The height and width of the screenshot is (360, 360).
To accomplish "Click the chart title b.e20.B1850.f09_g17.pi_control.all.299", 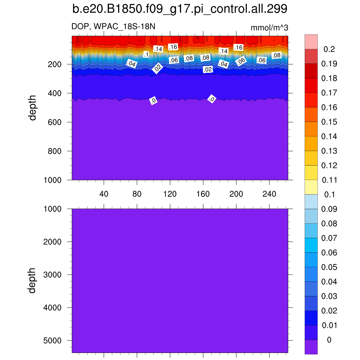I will point(180,9).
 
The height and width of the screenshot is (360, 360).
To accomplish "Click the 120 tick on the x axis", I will point(170,194).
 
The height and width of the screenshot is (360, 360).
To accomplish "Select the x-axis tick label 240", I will point(269,194).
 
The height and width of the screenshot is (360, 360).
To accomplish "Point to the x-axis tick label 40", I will point(104,194).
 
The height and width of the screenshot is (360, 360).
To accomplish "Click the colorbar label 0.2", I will point(329,49).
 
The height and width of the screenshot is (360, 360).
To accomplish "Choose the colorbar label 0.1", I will point(329,195).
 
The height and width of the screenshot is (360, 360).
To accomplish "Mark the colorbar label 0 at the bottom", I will point(329,340).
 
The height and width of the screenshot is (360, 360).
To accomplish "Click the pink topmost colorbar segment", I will point(311,41).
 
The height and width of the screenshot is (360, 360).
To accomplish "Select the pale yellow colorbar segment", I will point(311,187).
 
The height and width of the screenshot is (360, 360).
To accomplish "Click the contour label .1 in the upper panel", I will point(146,54).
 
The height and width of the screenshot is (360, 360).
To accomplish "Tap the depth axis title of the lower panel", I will point(33,280).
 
